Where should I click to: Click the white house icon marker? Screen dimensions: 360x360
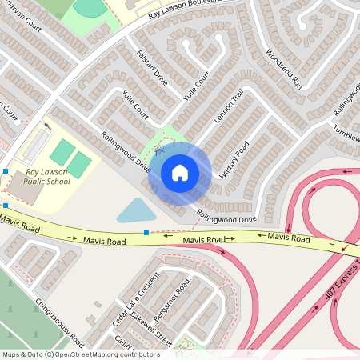tap(180, 173)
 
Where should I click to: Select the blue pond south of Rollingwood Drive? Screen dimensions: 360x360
tap(136, 211)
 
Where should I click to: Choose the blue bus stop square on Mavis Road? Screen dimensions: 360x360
tap(146, 233)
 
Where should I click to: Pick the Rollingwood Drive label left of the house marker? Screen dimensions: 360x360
tap(126, 152)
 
